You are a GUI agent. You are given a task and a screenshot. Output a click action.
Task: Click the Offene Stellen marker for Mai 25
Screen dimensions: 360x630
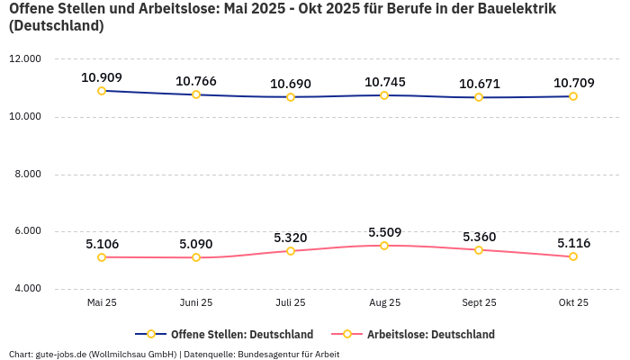click(102, 91)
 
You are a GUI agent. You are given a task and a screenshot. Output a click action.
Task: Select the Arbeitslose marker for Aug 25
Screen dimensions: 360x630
click(384, 246)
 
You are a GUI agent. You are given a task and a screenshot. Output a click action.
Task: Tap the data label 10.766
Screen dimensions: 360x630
click(196, 81)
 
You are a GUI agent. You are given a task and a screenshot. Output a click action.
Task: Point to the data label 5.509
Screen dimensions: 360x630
click(384, 231)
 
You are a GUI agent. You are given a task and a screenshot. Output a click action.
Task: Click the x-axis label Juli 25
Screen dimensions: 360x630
click(290, 303)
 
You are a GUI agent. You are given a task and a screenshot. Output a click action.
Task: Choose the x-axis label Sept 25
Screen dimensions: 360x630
click(479, 303)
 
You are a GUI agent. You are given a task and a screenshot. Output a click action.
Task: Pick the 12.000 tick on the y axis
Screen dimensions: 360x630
click(25, 59)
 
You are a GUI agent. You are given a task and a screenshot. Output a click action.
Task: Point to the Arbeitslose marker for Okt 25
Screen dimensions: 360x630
click(573, 256)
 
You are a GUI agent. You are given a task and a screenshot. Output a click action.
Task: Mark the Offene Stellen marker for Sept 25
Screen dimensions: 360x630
click(479, 97)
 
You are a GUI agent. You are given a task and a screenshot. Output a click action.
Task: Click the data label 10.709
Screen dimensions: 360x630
click(573, 83)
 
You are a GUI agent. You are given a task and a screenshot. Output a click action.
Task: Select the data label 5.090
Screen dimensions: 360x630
click(196, 244)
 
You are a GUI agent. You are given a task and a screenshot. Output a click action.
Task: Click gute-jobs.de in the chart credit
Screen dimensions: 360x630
click(60, 355)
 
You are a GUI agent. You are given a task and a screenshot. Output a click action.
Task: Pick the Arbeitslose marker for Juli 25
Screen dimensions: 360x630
click(290, 251)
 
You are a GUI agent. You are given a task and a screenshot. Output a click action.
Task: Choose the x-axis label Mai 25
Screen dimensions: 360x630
click(102, 303)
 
